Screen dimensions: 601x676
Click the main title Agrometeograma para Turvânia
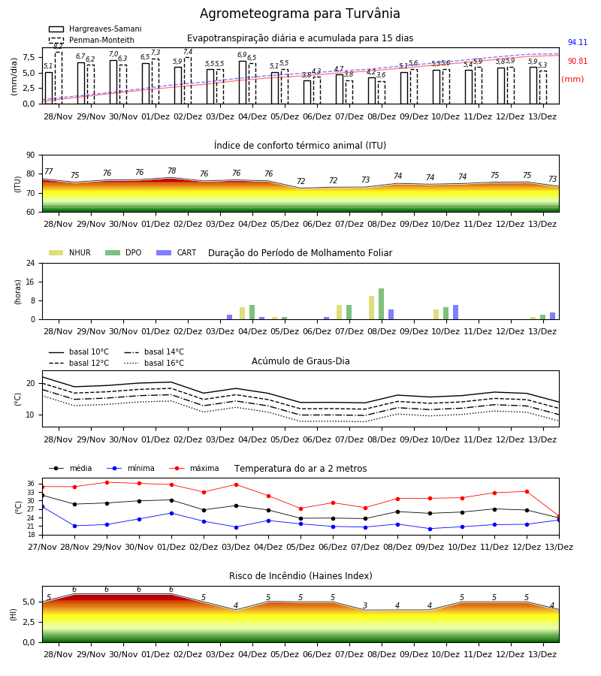click(x=300, y=14)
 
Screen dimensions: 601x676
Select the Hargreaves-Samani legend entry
click(x=95, y=29)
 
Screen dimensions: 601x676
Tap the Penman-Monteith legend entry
click(x=92, y=40)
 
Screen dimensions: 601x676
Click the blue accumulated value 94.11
click(x=577, y=42)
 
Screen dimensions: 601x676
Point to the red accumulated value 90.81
click(x=577, y=62)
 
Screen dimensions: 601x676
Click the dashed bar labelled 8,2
click(x=59, y=78)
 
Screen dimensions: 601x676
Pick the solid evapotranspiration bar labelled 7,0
click(x=113, y=83)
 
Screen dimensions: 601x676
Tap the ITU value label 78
click(x=171, y=171)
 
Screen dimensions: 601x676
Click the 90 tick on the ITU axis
click(x=31, y=155)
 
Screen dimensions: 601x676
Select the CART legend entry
click(x=177, y=252)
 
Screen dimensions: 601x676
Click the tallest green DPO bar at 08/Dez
click(x=381, y=304)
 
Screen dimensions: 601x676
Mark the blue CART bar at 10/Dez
click(x=455, y=312)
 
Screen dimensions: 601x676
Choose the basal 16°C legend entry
click(x=154, y=363)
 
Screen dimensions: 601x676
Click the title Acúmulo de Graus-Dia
click(x=300, y=361)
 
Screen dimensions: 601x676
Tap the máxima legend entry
click(x=194, y=468)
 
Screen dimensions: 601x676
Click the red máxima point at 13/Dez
click(x=559, y=517)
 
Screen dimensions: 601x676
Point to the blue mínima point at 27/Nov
click(x=42, y=507)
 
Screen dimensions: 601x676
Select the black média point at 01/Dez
click(x=171, y=500)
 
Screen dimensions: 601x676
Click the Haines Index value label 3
click(x=365, y=605)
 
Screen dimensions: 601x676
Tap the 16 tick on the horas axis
click(x=31, y=282)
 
